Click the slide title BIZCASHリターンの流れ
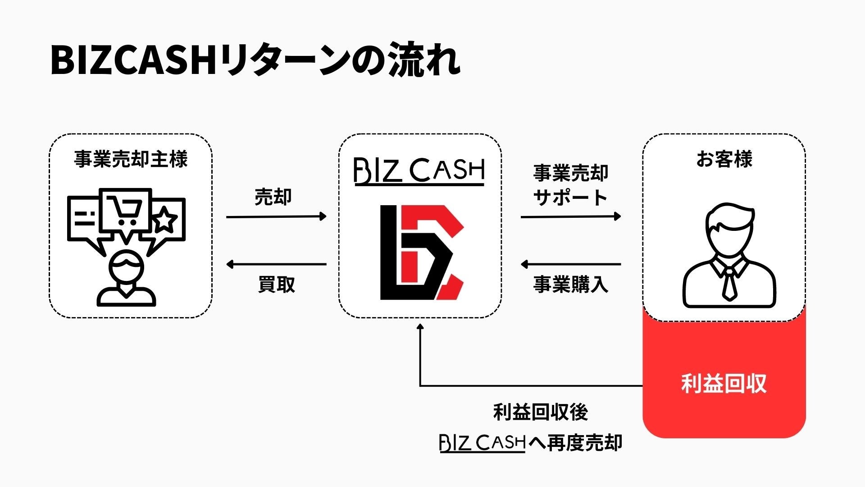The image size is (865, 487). tap(255, 60)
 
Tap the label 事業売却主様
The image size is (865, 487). tap(131, 160)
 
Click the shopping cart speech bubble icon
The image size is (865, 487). tap(126, 210)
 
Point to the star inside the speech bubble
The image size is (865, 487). tap(165, 221)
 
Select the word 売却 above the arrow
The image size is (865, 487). tap(273, 197)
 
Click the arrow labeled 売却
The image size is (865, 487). tap(276, 217)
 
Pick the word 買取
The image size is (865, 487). tap(276, 285)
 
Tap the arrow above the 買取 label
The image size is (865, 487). tap(276, 264)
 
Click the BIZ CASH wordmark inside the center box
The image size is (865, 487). tap(419, 171)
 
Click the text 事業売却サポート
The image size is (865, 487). tap(570, 185)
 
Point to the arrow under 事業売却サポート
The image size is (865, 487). tap(570, 217)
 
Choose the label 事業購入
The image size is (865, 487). tap(570, 285)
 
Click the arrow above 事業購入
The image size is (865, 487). tap(570, 264)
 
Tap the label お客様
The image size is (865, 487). tap(724, 160)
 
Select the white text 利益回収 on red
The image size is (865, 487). tap(724, 384)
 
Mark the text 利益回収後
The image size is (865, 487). tap(541, 412)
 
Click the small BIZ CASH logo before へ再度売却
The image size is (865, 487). tap(483, 443)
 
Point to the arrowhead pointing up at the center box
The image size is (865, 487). tap(420, 326)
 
